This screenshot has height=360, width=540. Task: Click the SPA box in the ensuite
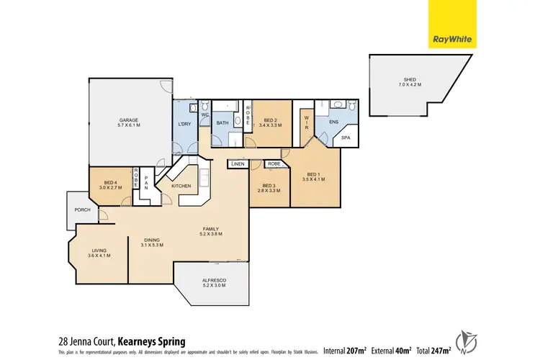tap(345, 138)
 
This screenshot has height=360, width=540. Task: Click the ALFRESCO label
tap(215, 283)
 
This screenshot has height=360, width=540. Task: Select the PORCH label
tap(81, 210)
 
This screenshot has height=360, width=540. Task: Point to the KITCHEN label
tap(181, 186)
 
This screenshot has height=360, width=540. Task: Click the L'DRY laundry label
tap(184, 124)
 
